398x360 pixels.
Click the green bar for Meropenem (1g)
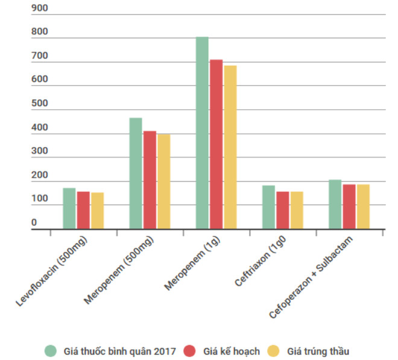click(x=202, y=133)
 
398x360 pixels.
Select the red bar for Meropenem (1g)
click(x=216, y=144)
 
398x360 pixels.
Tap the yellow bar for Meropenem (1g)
click(x=230, y=147)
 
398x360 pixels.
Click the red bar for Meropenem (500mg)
click(x=150, y=180)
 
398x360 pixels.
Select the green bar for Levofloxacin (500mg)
click(x=69, y=209)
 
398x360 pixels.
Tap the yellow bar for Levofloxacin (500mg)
click(x=97, y=211)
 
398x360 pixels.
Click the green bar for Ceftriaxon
click(x=268, y=207)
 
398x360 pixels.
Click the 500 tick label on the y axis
click(x=39, y=104)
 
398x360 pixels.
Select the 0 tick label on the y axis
click(x=34, y=223)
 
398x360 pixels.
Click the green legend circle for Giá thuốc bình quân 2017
click(x=51, y=350)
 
